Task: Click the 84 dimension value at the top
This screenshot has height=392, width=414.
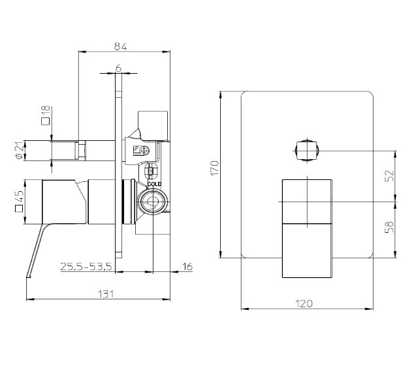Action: pos(119,46)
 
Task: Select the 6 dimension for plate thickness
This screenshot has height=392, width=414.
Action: pos(118,68)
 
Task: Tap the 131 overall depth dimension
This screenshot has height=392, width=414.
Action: pos(106,294)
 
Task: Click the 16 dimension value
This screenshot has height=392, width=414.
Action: pos(187,266)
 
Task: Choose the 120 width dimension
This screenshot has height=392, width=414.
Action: pos(304,303)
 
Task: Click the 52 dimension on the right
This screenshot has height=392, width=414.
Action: pos(389,176)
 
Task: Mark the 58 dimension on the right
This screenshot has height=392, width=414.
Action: pos(389,228)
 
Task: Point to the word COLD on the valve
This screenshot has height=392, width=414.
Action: pos(154,184)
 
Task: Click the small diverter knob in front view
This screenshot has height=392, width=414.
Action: pos(306,151)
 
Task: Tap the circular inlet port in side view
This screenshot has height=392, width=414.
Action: pos(152,200)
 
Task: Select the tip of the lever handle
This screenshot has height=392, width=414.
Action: pos(28,277)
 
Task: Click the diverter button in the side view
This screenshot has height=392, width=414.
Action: pos(66,151)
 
